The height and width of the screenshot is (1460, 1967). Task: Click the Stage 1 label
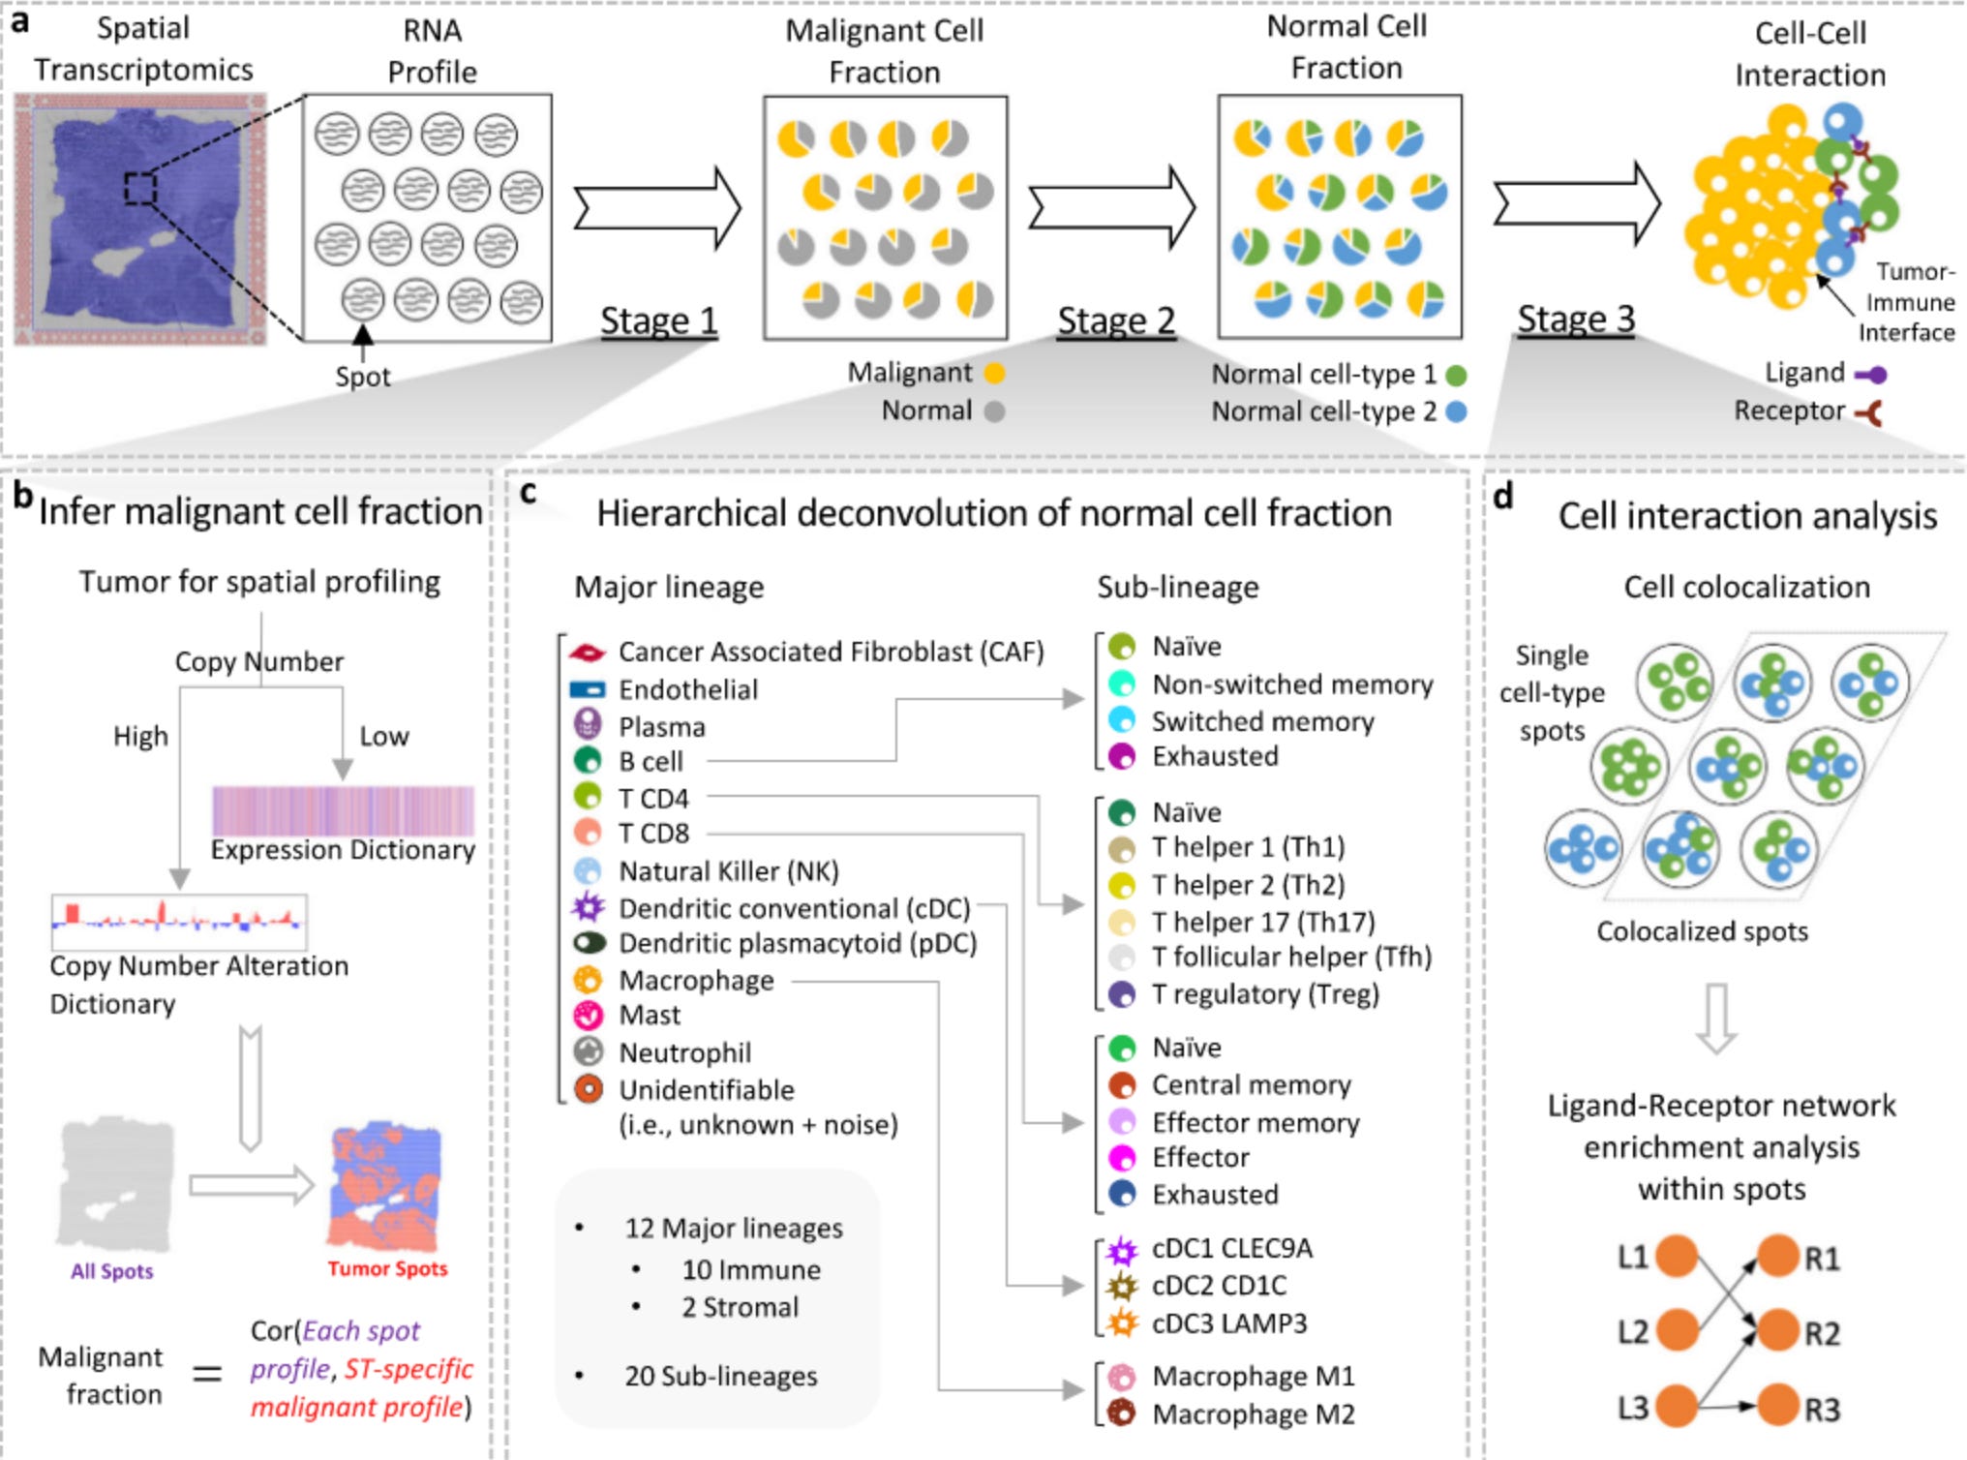[658, 320]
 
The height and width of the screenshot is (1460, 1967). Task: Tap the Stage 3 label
[1575, 319]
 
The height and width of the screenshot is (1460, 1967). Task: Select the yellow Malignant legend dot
[994, 373]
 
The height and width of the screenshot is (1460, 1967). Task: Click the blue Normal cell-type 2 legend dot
[1456, 411]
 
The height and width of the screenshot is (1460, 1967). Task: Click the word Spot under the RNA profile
[362, 377]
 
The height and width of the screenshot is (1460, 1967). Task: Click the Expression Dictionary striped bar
[343, 810]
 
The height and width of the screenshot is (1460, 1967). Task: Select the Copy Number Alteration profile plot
[179, 921]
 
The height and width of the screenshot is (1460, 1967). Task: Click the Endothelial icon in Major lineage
[587, 689]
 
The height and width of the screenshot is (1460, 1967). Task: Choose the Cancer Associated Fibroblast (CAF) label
[831, 652]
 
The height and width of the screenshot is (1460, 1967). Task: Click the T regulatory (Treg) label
[1264, 994]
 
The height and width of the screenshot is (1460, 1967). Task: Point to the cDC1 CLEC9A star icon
[1122, 1251]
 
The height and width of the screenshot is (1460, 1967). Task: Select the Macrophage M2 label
[1253, 1414]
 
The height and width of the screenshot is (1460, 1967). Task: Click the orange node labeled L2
[1676, 1331]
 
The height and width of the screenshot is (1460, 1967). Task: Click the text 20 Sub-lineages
[720, 1376]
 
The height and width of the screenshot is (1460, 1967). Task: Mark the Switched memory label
[1262, 721]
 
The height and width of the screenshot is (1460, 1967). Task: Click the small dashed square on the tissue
[140, 188]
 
